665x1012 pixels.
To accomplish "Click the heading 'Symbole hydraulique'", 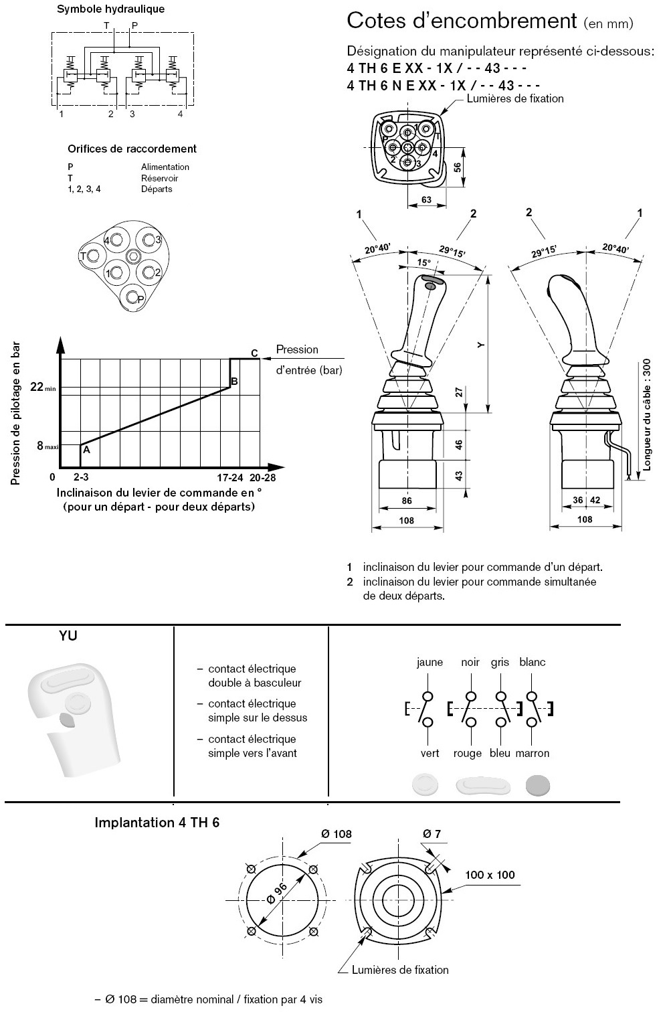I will click(x=110, y=9).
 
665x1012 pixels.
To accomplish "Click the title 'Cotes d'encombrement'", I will click(x=461, y=21).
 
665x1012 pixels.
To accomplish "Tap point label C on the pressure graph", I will click(x=254, y=353).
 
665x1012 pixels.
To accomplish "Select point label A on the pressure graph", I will click(x=86, y=450).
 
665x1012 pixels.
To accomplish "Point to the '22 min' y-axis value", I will click(x=41, y=387).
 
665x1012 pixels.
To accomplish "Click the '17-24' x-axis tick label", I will click(x=229, y=478).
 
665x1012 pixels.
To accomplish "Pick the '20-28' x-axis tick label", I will click(x=262, y=478).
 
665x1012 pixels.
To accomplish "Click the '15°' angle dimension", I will click(x=423, y=263).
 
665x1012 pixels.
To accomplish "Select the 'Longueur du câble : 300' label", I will click(x=646, y=415).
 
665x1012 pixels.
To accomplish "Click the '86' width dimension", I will click(x=406, y=501).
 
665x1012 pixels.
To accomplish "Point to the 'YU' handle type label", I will click(x=68, y=636).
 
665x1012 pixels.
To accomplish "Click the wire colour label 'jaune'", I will click(x=430, y=663).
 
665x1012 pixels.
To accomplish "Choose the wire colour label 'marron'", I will click(x=533, y=754).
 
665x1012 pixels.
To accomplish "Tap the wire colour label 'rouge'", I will click(x=467, y=754).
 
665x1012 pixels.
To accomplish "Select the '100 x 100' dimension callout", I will click(x=490, y=875).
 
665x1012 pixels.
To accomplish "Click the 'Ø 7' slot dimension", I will click(x=432, y=834).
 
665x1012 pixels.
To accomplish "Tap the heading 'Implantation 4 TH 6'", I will click(x=157, y=823).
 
